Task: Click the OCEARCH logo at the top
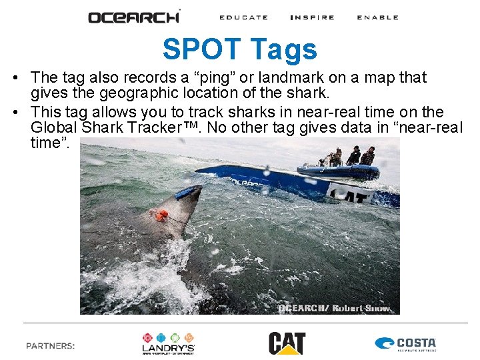coord(134,17)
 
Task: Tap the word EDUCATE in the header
coord(243,17)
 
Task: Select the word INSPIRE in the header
coord(312,17)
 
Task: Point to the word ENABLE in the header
coord(377,17)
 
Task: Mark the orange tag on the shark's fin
coord(161,215)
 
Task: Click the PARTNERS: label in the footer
coord(50,345)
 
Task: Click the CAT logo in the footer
coord(287,343)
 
